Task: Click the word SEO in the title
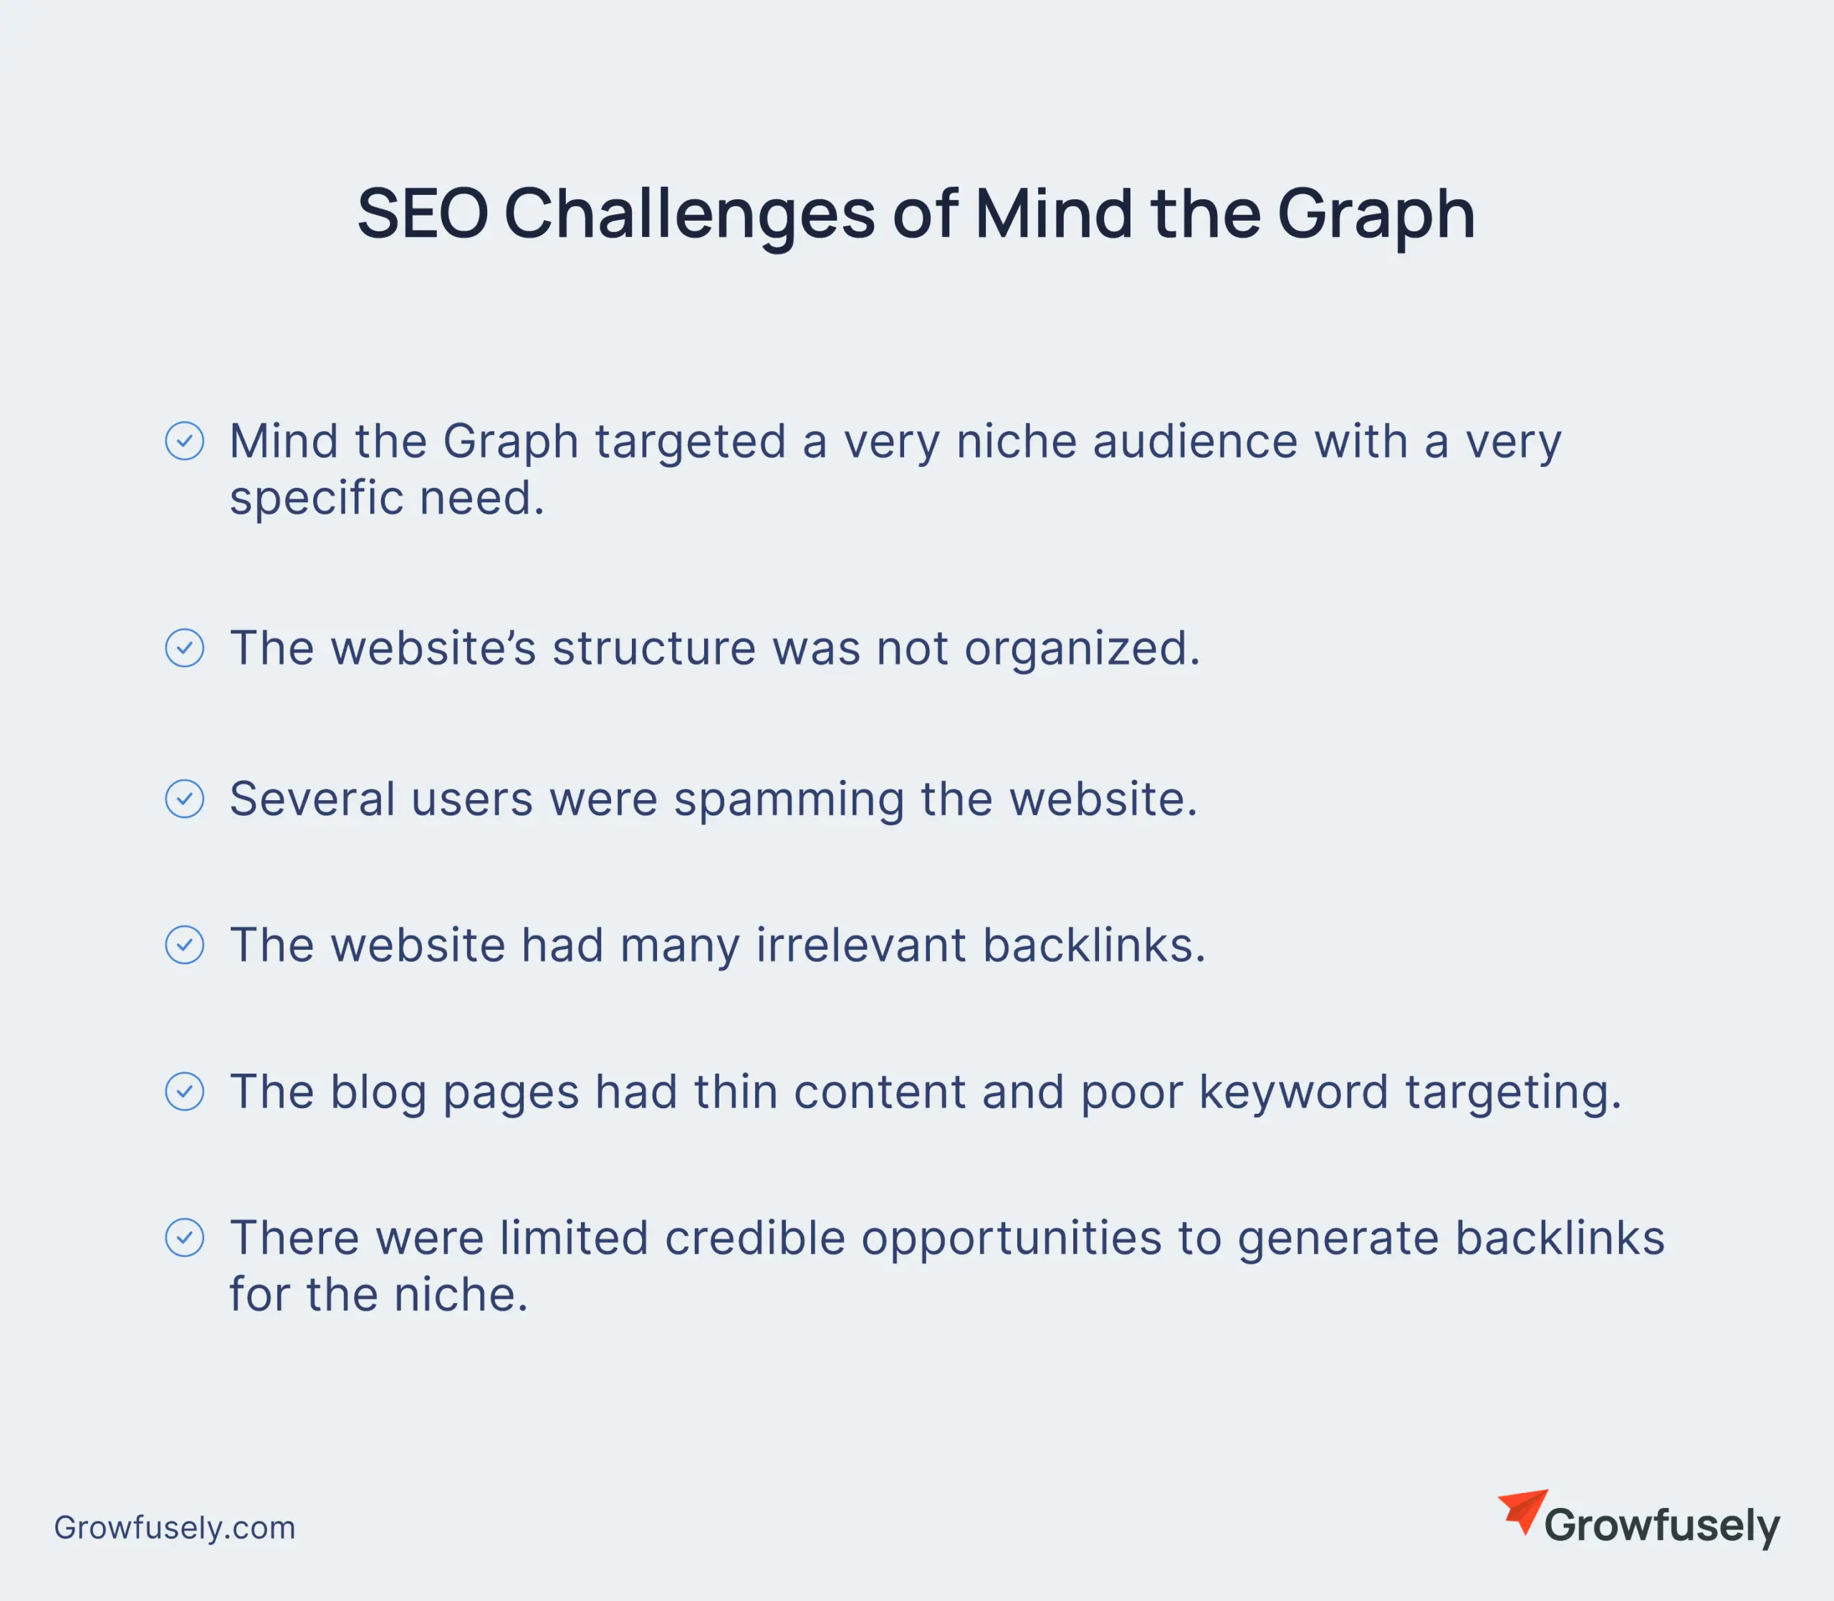tap(423, 214)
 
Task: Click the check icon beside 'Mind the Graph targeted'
tap(185, 441)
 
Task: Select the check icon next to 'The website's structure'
tap(185, 648)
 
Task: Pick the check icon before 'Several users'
tap(185, 799)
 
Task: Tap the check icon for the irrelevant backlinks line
tap(185, 946)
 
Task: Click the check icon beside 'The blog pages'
tap(185, 1092)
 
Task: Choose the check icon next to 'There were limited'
tap(185, 1239)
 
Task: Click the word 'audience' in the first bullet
tap(1195, 441)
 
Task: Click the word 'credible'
tap(755, 1239)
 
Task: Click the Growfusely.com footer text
tap(175, 1529)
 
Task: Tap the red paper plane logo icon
tap(1523, 1511)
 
